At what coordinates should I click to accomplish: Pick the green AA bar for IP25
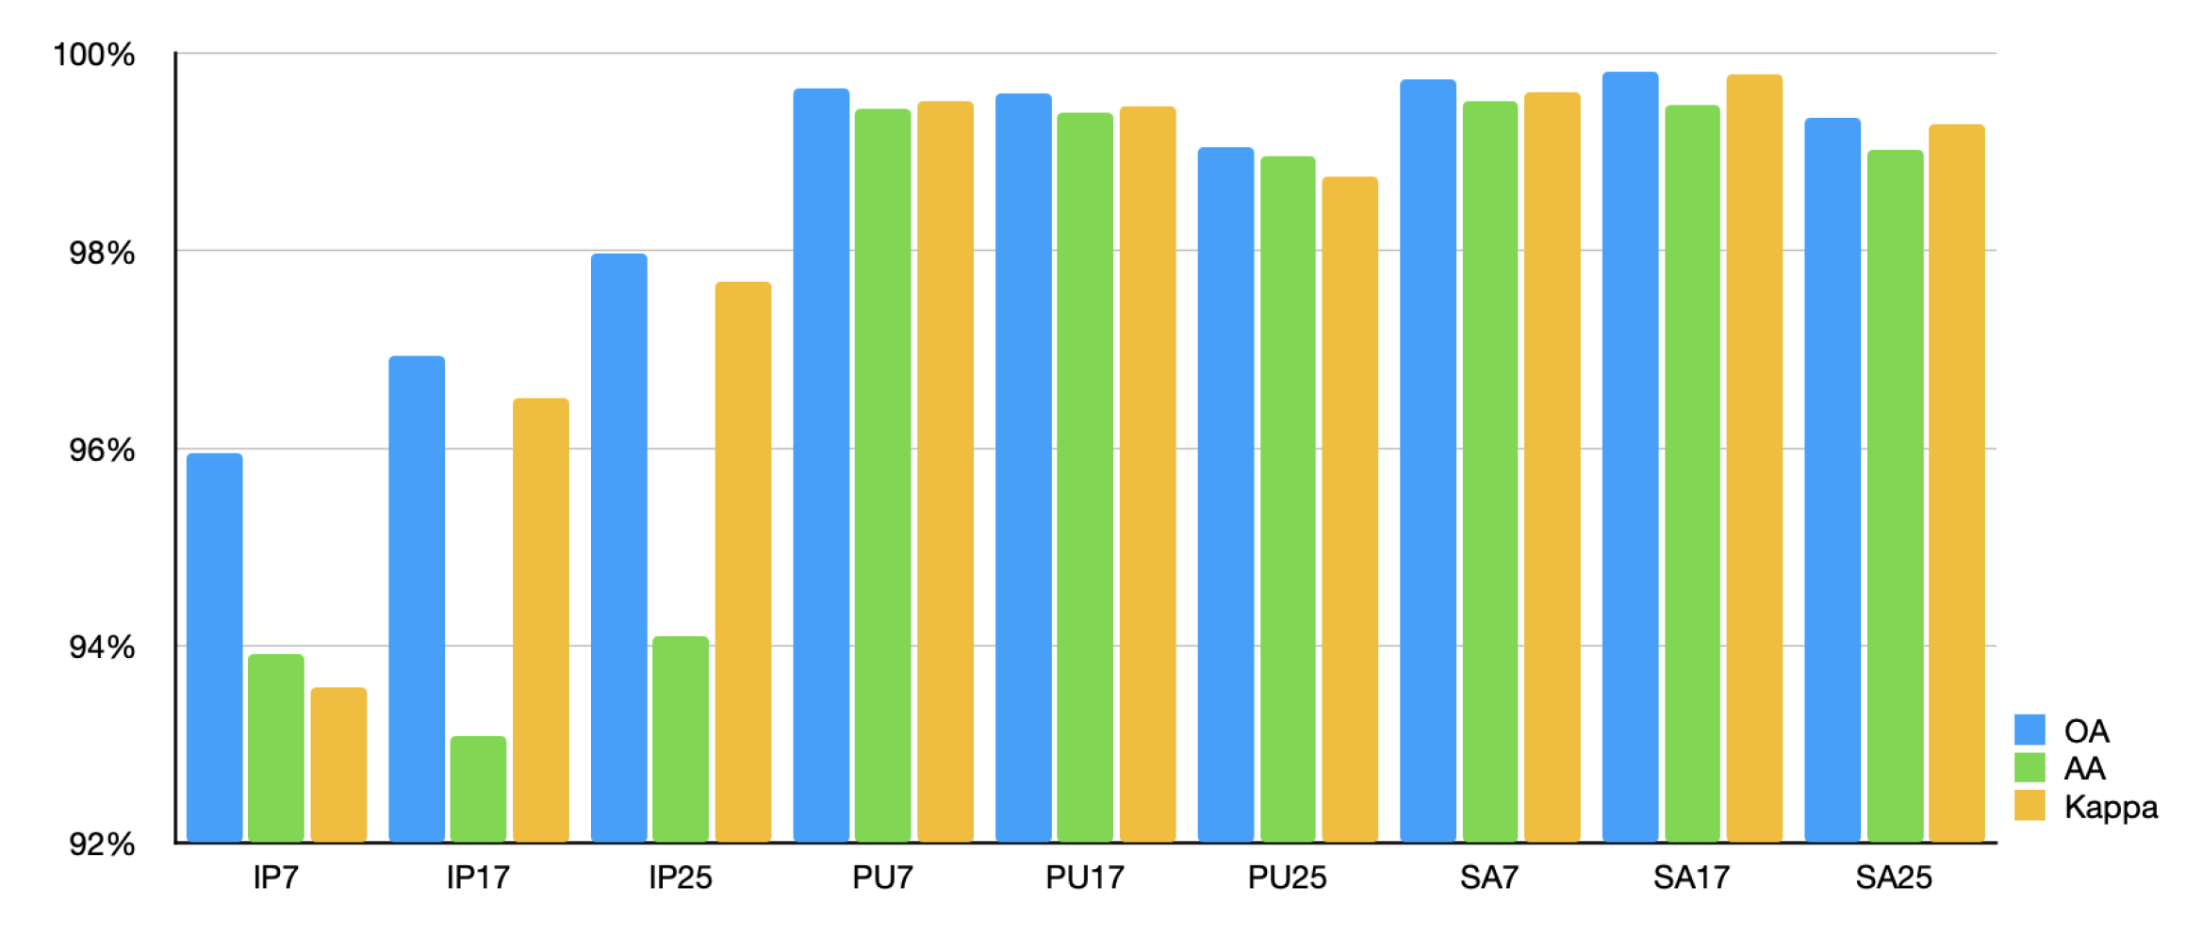tap(681, 739)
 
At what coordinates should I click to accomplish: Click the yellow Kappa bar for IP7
tap(338, 764)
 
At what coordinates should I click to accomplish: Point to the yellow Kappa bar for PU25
tap(1350, 509)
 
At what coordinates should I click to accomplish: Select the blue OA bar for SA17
tap(1630, 457)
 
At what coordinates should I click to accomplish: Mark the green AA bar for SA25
tap(1895, 496)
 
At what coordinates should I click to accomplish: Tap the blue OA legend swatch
tap(2030, 730)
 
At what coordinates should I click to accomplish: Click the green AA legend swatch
tap(2030, 767)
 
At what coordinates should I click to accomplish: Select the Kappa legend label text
tap(2111, 807)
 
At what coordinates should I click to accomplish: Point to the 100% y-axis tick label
tap(94, 55)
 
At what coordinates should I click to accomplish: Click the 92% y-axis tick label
tap(102, 845)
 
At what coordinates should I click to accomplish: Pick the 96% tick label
tap(102, 451)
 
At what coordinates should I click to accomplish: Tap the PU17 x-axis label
tap(1085, 879)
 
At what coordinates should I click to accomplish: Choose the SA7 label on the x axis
tap(1489, 879)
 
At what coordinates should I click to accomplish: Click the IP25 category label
tap(681, 879)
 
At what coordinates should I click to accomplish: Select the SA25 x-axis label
tap(1894, 879)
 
